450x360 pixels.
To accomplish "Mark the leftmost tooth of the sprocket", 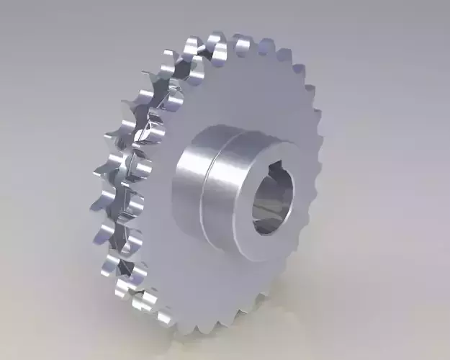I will [101, 173].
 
